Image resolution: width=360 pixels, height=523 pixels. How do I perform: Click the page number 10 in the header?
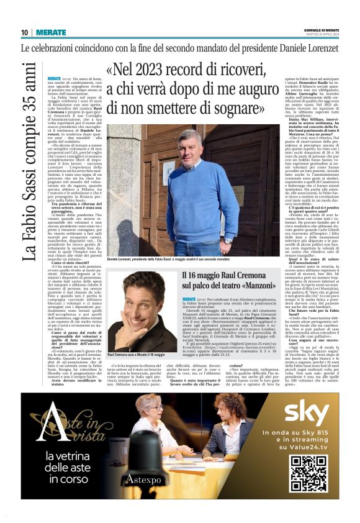[x=24, y=32]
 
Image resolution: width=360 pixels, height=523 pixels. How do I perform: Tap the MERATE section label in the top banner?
[x=50, y=32]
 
